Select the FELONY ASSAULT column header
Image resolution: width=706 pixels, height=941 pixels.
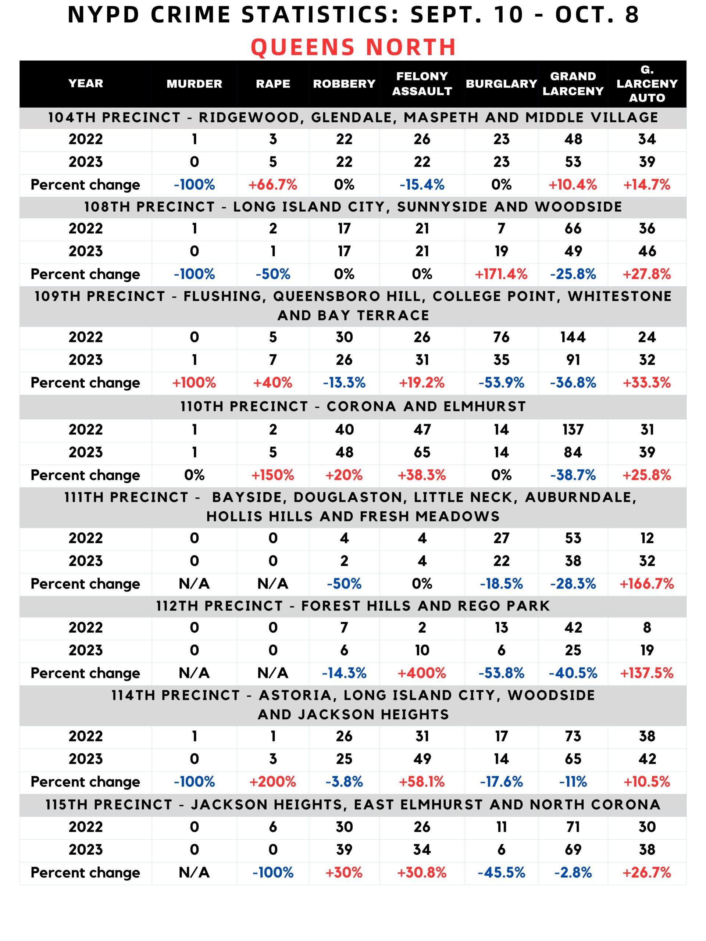422,83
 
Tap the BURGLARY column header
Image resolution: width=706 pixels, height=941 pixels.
501,84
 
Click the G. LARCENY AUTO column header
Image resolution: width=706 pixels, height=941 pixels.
646,84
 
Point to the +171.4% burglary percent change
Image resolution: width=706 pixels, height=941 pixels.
501,274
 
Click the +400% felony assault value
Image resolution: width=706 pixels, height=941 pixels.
422,673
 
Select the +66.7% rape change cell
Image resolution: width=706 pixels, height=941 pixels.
272,185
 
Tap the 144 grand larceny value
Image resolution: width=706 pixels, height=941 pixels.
573,337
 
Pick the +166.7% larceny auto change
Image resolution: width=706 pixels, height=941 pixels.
646,584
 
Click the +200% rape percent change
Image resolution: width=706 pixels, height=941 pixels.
272,781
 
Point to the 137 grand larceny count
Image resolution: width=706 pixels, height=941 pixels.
573,430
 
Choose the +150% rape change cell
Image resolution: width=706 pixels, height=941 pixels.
272,475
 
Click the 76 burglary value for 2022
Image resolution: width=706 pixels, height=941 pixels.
501,337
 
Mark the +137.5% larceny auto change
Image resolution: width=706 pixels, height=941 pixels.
646,673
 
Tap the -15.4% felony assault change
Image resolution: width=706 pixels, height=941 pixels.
422,185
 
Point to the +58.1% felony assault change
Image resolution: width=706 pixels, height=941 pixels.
422,781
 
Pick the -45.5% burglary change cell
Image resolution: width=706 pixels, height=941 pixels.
501,873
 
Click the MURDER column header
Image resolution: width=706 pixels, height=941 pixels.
194,84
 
